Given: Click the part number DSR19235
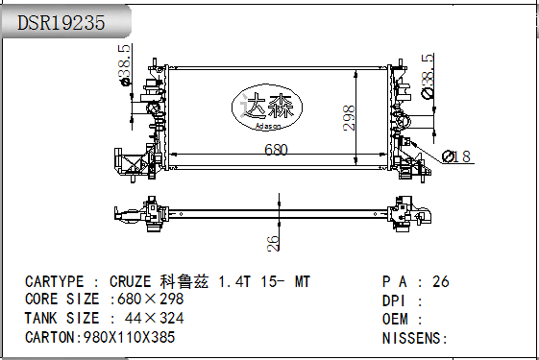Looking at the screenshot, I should (x=61, y=24).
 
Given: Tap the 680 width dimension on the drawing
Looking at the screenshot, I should (x=276, y=150).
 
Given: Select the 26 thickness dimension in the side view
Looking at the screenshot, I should (x=273, y=242).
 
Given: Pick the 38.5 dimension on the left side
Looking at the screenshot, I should (x=125, y=63).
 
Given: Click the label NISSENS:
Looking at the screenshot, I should (x=415, y=337).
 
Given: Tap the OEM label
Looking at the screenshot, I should (x=396, y=318).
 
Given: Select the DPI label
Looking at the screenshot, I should (x=396, y=300).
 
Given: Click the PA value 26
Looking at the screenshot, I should (x=441, y=281).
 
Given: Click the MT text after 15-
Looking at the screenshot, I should (x=302, y=281).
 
